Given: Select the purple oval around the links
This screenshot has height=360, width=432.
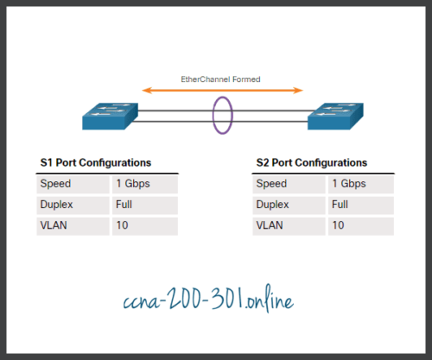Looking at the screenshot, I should [223, 116].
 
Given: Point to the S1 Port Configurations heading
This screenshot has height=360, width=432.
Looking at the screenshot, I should [96, 162].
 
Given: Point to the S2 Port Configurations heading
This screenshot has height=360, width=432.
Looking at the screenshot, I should [312, 162].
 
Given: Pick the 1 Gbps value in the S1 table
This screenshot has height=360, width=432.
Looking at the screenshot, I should [131, 184].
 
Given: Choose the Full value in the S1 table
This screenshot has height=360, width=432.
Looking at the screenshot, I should [123, 205].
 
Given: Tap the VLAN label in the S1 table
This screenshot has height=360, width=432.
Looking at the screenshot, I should [53, 226].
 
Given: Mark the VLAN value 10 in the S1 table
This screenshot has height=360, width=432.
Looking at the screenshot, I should [120, 226].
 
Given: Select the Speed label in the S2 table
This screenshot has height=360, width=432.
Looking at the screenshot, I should [271, 184].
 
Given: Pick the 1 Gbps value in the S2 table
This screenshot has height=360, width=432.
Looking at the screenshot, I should [348, 184].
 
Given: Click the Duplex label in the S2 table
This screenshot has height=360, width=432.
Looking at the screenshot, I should [273, 205].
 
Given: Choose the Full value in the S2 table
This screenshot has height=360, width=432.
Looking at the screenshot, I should [340, 205].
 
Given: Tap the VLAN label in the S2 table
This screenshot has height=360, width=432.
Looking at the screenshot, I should [270, 226].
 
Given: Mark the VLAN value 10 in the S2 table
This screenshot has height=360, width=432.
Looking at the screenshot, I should [337, 226].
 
